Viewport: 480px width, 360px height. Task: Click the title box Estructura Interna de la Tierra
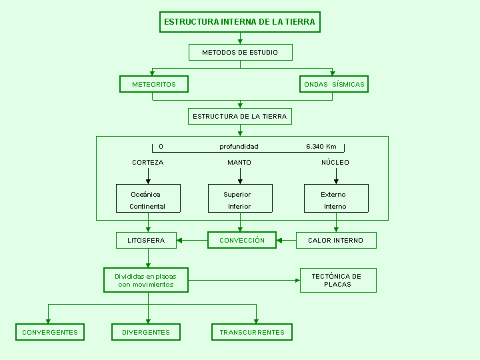coord(240,22)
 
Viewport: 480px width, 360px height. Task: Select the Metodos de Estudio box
coord(240,53)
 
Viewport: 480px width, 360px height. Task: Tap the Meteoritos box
coord(154,84)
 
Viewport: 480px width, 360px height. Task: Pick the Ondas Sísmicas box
coord(334,84)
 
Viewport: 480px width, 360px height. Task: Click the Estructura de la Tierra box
coord(240,116)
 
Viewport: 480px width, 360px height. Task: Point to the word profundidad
coord(239,147)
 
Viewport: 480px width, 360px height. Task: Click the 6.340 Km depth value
coord(321,146)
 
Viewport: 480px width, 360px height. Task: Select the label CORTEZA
coord(148,162)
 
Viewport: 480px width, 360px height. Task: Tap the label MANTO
coord(239,162)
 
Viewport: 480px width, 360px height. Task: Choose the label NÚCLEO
coord(335,162)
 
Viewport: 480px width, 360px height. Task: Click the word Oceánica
coord(145,195)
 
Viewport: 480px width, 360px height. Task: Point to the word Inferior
coord(239,206)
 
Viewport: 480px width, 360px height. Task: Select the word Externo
coord(333,195)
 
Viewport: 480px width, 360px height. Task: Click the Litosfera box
coord(146,240)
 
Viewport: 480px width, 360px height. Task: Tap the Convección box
coord(242,240)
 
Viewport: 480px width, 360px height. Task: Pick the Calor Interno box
coord(336,240)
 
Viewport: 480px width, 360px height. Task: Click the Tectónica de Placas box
coord(338,281)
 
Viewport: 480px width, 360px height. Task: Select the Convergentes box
coord(50,332)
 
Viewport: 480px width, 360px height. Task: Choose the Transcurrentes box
coord(252,332)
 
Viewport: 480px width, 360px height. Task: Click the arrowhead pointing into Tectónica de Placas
coord(297,281)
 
